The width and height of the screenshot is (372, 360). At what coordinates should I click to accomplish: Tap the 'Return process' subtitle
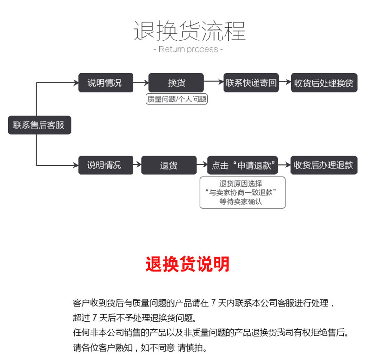tap(188, 49)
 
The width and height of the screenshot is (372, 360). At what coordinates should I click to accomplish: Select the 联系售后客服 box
tap(39, 125)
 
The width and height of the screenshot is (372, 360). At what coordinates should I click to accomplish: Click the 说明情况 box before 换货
tap(105, 83)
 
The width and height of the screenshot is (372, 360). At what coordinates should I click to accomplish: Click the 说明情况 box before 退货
tap(105, 165)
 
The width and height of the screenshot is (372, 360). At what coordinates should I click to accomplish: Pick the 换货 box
tap(176, 83)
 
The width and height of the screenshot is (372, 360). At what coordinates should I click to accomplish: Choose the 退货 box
tap(169, 165)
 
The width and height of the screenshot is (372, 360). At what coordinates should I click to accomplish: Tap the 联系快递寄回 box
tap(251, 83)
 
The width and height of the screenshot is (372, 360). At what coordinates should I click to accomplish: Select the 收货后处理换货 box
tap(324, 83)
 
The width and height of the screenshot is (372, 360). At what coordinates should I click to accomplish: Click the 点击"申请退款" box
tap(242, 165)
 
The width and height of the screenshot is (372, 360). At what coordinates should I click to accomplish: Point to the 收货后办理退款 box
tap(324, 165)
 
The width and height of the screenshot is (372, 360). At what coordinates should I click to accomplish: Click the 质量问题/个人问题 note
tap(176, 99)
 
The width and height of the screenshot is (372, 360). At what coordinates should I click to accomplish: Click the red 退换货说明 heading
tap(187, 264)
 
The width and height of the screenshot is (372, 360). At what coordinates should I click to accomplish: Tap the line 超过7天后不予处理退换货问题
tap(135, 318)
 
